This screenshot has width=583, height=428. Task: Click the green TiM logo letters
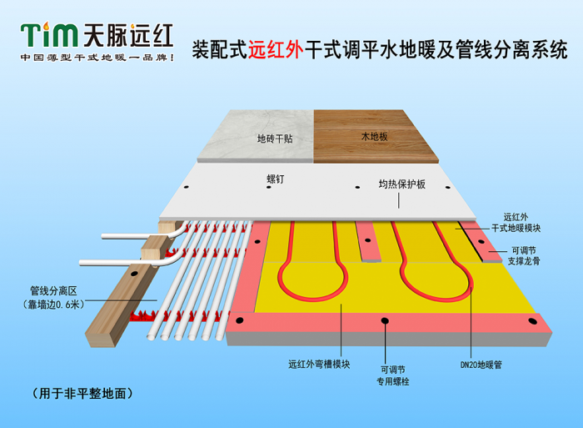click(x=49, y=35)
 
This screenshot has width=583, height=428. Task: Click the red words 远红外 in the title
click(x=276, y=49)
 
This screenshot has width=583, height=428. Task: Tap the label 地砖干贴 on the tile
click(x=275, y=138)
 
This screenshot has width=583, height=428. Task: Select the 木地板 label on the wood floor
click(x=375, y=136)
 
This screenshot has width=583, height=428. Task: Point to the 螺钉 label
click(x=276, y=179)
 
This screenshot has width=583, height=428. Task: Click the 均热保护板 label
click(x=402, y=184)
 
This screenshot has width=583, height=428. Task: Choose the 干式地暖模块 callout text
click(x=516, y=228)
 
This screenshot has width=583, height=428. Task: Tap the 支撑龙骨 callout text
click(x=524, y=261)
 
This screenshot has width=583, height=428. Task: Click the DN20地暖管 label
click(x=481, y=365)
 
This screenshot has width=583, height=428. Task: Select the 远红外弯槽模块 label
click(x=319, y=364)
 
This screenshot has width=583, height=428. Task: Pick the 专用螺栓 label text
click(x=392, y=381)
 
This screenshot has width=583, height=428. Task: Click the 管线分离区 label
click(x=53, y=290)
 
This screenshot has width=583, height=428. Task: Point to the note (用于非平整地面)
click(x=82, y=393)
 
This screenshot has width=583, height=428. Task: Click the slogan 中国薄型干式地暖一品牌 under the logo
click(x=97, y=58)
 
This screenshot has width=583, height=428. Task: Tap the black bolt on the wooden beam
click(x=134, y=274)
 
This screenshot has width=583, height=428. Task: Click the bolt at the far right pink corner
click(x=532, y=321)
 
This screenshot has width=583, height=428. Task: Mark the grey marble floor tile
click(x=257, y=136)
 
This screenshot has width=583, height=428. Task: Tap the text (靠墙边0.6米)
click(x=53, y=305)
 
